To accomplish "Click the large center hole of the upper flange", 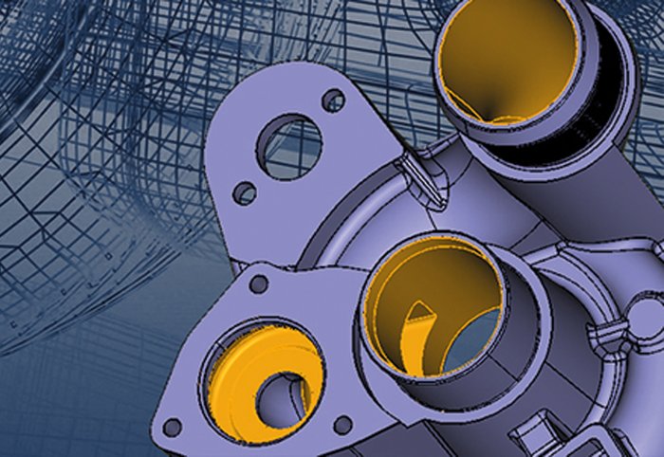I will coord(289,147).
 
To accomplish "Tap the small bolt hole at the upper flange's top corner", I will coord(332,99).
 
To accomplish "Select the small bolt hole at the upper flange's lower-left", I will coord(245,192).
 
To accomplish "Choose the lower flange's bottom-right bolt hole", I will coord(342,424).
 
